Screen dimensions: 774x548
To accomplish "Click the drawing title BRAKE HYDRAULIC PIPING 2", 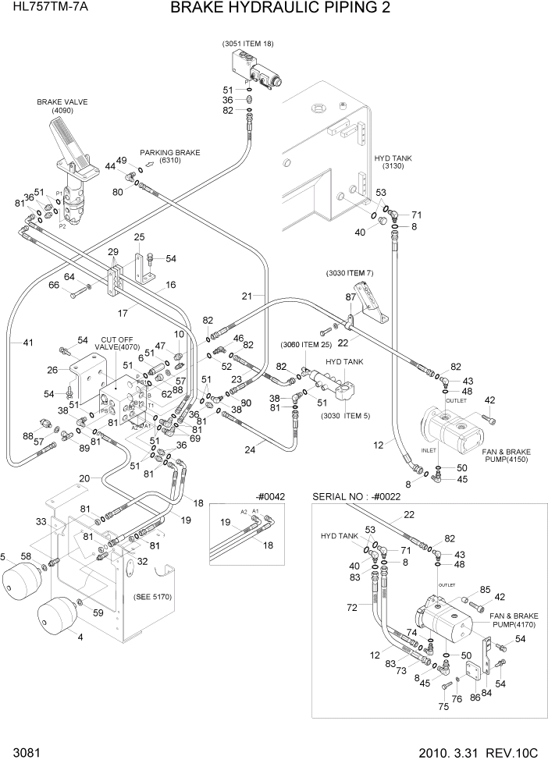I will pyautogui.click(x=279, y=9).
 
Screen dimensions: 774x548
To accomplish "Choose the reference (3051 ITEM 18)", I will pyautogui.click(x=247, y=44).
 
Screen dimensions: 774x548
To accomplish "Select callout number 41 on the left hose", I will pyautogui.click(x=28, y=342).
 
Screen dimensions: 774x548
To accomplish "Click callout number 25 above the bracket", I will pyautogui.click(x=140, y=236).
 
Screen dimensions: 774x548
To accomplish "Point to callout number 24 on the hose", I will pyautogui.click(x=250, y=449).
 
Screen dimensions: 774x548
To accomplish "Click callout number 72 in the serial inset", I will pyautogui.click(x=353, y=606).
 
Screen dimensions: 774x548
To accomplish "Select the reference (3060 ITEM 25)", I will pyautogui.click(x=307, y=344).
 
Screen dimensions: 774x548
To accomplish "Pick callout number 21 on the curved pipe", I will pyautogui.click(x=247, y=296).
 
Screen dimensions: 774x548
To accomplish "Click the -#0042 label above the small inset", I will pyautogui.click(x=269, y=496).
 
